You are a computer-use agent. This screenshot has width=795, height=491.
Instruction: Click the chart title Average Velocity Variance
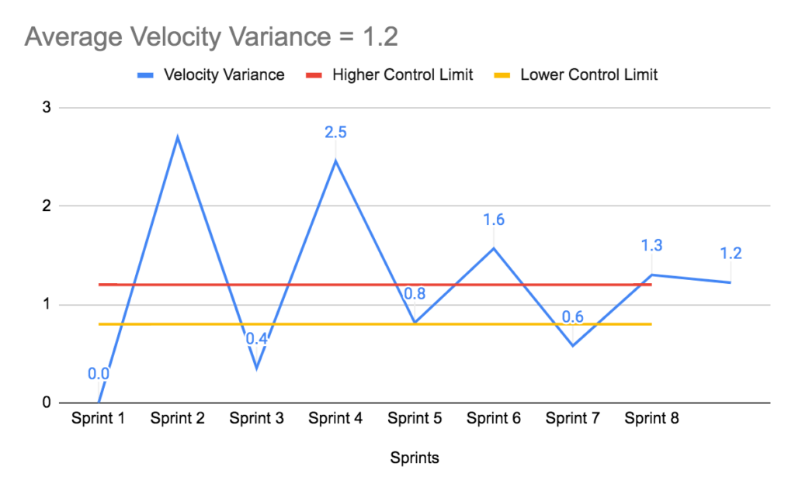pyautogui.click(x=210, y=36)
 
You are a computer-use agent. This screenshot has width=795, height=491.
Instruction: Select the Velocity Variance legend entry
pyautogui.click(x=223, y=75)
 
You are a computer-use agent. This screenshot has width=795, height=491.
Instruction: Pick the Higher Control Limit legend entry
pyautogui.click(x=402, y=75)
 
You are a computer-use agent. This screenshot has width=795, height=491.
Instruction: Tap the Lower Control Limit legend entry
pyautogui.click(x=588, y=75)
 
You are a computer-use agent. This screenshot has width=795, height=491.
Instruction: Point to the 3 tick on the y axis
pyautogui.click(x=47, y=108)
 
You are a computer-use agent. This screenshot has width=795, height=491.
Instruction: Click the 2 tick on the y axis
pyautogui.click(x=47, y=206)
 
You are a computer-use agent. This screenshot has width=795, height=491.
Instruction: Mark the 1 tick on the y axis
pyautogui.click(x=47, y=304)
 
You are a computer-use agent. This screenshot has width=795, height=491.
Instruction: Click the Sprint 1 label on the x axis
pyautogui.click(x=99, y=419)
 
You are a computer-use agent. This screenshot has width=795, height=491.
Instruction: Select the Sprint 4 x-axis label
pyautogui.click(x=335, y=419)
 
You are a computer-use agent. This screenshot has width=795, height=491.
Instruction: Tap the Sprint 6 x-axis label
pyautogui.click(x=494, y=419)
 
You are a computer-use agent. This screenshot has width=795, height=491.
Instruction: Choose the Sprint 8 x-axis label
pyautogui.click(x=652, y=419)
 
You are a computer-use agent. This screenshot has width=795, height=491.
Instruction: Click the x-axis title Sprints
pyautogui.click(x=415, y=458)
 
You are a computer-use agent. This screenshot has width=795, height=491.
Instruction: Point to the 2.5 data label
pyautogui.click(x=335, y=132)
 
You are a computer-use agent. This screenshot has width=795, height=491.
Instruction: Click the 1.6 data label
pyautogui.click(x=494, y=220)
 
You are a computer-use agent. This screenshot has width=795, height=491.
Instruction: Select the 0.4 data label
pyautogui.click(x=257, y=339)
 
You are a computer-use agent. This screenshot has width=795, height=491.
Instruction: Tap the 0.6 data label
pyautogui.click(x=573, y=316)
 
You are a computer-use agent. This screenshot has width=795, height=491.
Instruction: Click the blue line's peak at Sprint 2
pyautogui.click(x=178, y=137)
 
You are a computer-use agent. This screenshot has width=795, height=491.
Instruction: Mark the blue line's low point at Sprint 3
pyautogui.click(x=257, y=368)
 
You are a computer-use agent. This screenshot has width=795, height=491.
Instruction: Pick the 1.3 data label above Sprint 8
pyautogui.click(x=652, y=246)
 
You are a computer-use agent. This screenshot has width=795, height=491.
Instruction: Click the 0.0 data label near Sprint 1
pyautogui.click(x=99, y=374)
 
